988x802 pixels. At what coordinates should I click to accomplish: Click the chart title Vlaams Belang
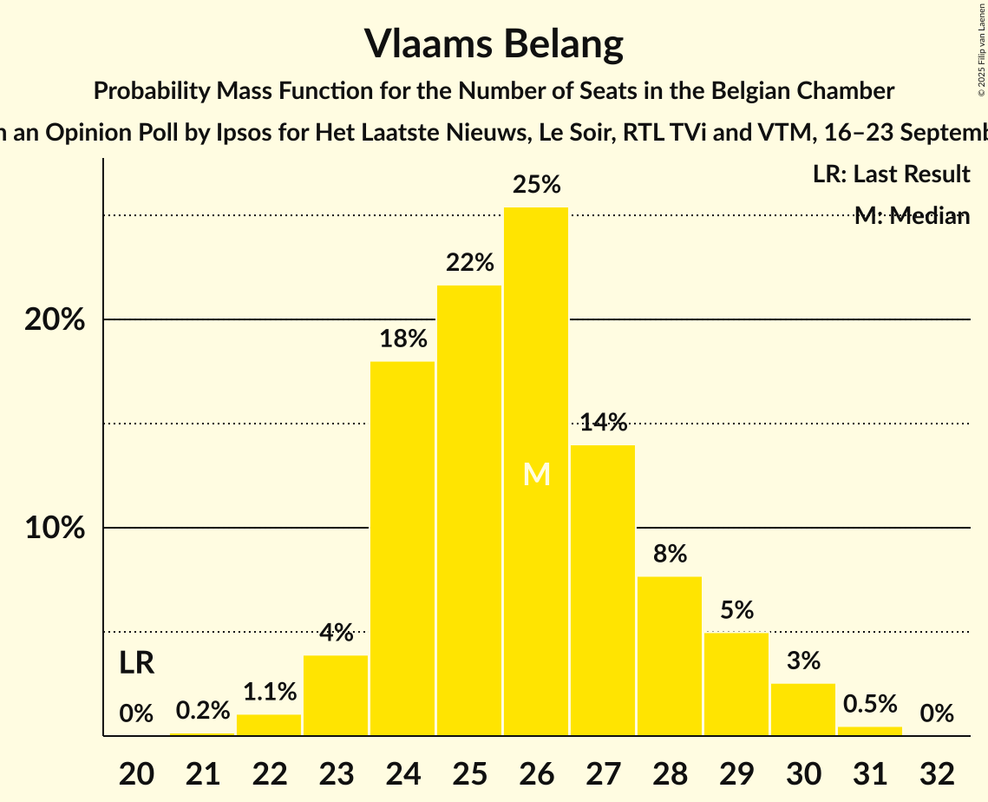[x=494, y=43]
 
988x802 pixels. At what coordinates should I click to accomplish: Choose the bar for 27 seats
[x=603, y=590]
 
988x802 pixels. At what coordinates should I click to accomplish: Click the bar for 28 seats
[x=670, y=656]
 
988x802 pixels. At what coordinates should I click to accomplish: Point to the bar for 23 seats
[x=336, y=695]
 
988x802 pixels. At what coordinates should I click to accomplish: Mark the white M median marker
[x=537, y=474]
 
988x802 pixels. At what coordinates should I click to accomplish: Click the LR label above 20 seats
[x=136, y=664]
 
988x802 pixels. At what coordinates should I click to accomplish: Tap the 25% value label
[x=536, y=185]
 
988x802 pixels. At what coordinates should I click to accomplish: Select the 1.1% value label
[x=269, y=692]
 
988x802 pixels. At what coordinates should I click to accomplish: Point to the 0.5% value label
[x=870, y=704]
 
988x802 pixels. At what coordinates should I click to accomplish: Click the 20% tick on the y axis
[x=55, y=320]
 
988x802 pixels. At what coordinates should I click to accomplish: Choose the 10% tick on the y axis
[x=55, y=529]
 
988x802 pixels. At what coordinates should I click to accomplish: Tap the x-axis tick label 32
[x=937, y=772]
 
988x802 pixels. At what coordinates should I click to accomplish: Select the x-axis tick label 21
[x=202, y=772]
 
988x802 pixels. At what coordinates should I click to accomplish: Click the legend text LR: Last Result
[x=891, y=174]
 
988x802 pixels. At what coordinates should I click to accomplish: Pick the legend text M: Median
[x=912, y=216]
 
